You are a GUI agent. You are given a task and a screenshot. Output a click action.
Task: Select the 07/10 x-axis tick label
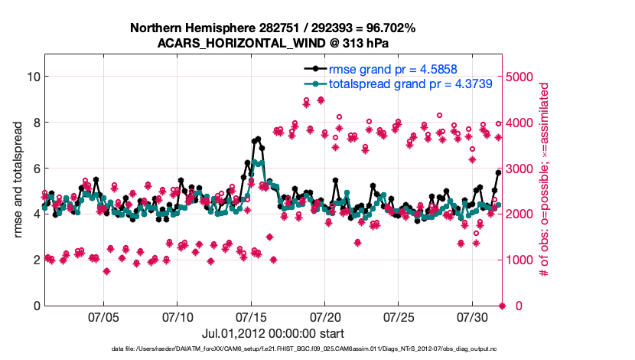tap(177, 316)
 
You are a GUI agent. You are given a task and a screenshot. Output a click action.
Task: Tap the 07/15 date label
tap(251, 316)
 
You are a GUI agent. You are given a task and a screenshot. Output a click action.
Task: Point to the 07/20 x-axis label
tap(325, 316)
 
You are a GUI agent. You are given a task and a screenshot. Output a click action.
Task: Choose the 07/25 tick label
tap(399, 316)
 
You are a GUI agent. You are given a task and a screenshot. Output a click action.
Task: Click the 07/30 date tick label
tap(472, 316)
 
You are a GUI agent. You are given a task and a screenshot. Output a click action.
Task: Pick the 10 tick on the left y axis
tap(32, 77)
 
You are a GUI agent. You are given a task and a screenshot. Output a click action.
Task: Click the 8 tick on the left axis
tap(35, 123)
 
